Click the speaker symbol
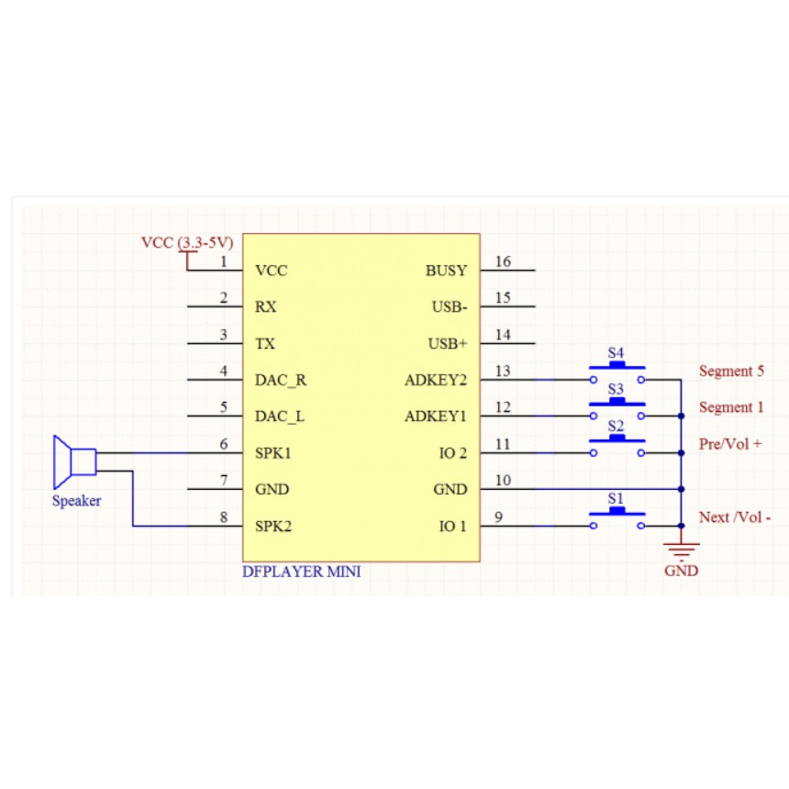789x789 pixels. [73, 461]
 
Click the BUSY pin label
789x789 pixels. [446, 271]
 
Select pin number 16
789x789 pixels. [503, 262]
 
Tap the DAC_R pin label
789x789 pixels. [280, 380]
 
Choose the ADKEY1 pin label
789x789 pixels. [436, 417]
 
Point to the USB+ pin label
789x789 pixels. [448, 344]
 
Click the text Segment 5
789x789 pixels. [731, 372]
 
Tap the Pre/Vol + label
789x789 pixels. [730, 444]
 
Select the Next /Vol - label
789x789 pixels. [735, 517]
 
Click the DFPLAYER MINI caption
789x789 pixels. [302, 572]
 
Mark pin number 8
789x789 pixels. [224, 517]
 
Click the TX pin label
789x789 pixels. [264, 344]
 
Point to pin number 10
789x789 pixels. [503, 481]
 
